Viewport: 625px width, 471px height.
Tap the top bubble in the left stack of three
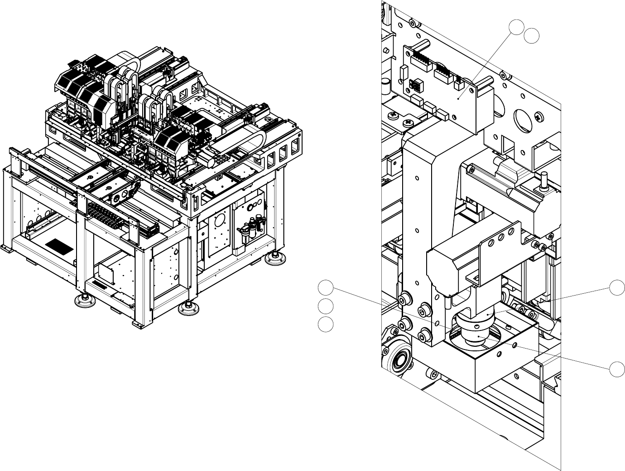326,287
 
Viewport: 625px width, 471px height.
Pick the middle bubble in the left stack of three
326,306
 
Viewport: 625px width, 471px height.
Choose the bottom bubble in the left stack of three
326,325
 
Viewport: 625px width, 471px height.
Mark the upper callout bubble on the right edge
616,287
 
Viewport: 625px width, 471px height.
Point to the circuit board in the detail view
453,91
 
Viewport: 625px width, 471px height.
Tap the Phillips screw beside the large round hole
540,117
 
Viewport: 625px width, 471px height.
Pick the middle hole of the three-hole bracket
501,238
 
